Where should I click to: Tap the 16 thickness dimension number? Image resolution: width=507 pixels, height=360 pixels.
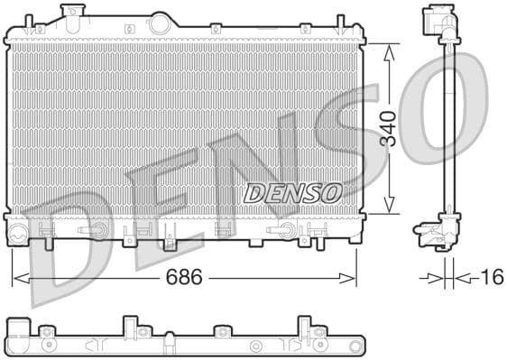point(491,276)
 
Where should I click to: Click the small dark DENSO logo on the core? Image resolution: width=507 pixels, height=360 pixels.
point(292,192)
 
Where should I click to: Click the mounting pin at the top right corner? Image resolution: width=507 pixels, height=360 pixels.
point(340,22)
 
